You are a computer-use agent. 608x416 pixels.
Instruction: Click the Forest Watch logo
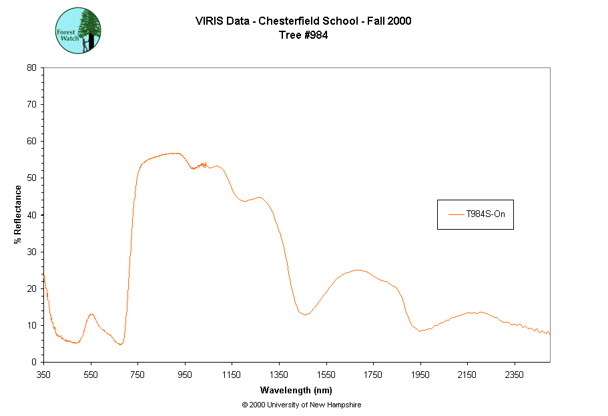point(77,31)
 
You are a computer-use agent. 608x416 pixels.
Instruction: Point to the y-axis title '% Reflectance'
point(18,214)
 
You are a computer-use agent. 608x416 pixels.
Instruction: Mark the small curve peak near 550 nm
point(91,314)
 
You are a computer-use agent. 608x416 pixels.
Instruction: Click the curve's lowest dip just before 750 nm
point(120,345)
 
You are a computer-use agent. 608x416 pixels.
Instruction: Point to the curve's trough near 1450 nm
point(305,315)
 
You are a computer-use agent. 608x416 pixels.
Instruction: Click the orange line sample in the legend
point(457,214)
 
